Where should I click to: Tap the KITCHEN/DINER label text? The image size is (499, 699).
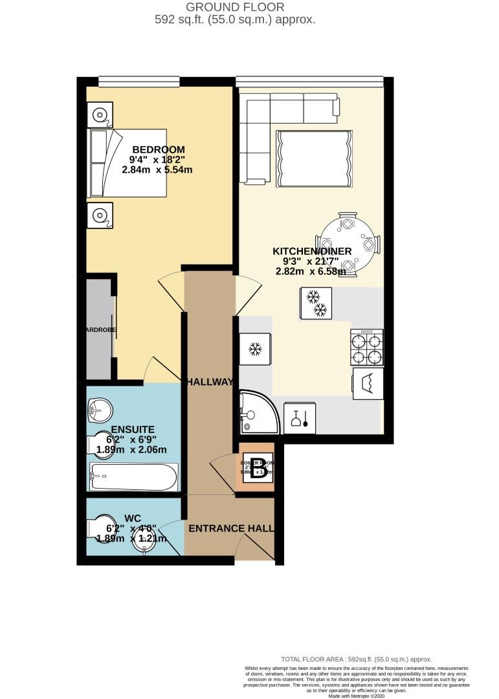coord(311,251)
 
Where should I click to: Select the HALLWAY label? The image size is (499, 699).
coord(209,383)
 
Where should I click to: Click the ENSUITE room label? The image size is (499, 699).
coord(132,429)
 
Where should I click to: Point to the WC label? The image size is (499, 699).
coord(132,518)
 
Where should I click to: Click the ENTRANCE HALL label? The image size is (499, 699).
coord(230,529)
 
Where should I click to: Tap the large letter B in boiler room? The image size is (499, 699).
coord(258,468)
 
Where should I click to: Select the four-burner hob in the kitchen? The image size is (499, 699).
coord(367,348)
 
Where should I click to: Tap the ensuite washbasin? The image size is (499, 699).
coord(98,408)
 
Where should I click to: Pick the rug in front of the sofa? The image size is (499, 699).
coord(315,159)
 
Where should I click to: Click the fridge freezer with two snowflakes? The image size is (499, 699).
coord(317,303)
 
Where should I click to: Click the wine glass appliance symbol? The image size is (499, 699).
coord(300,419)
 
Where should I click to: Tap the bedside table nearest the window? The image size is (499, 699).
coord(100,116)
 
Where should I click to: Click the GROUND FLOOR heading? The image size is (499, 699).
coord(234,7)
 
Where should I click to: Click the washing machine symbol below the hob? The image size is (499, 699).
coord(367,384)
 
